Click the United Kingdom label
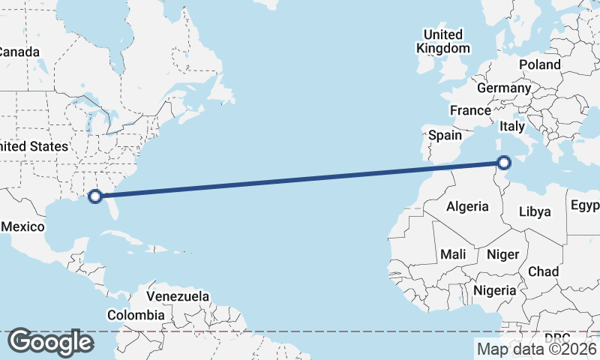(443, 42)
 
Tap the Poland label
(539, 64)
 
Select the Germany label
(504, 88)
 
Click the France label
(470, 110)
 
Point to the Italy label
(512, 126)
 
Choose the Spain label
(445, 136)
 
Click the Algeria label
(467, 206)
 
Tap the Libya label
(535, 211)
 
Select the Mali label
(453, 254)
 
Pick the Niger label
(502, 254)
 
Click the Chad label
(543, 271)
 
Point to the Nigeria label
(495, 290)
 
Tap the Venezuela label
(178, 296)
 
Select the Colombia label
(135, 315)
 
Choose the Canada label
(18, 52)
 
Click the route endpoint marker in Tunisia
(504, 162)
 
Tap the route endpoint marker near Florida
(94, 196)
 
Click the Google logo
(50, 342)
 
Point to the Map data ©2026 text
(536, 348)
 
